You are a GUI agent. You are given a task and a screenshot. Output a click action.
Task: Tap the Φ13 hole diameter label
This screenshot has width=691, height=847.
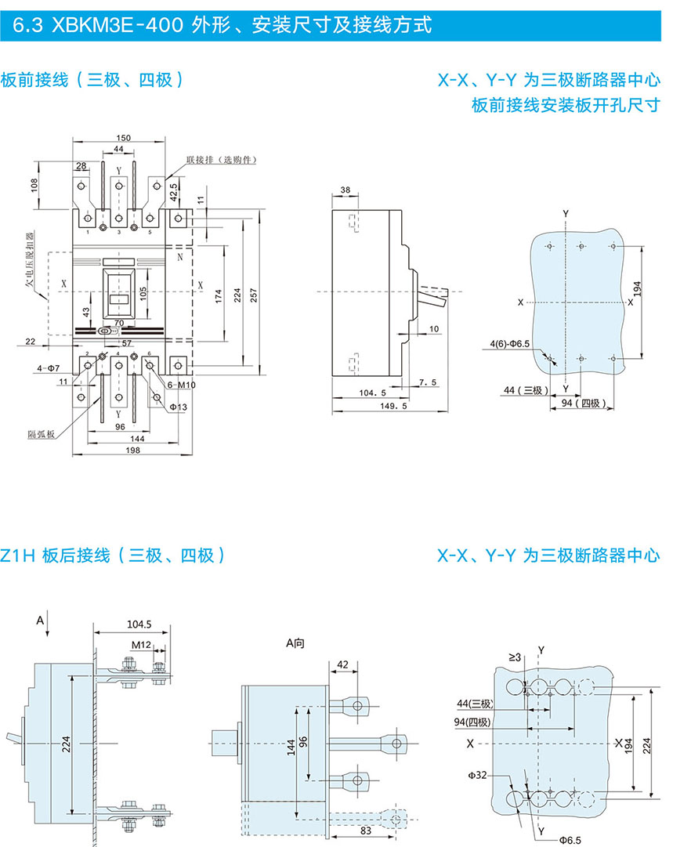pyautogui.click(x=179, y=406)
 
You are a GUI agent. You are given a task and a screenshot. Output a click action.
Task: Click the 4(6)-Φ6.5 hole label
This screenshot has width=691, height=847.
pyautogui.click(x=509, y=343)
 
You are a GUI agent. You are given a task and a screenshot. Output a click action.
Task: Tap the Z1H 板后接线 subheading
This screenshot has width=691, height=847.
pyautogui.click(x=113, y=556)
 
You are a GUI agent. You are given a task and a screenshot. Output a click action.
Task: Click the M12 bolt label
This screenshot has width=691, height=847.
pyautogui.click(x=141, y=645)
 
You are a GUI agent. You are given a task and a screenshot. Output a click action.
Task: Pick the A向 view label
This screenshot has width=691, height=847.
pyautogui.click(x=295, y=643)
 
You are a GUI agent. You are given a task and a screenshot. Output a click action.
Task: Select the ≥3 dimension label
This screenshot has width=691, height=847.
pyautogui.click(x=514, y=657)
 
